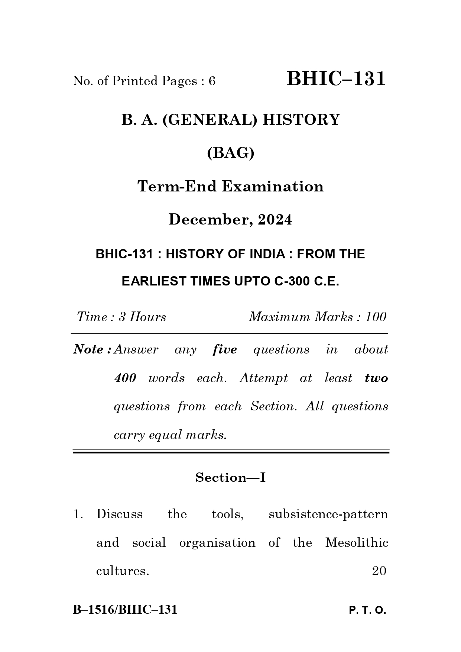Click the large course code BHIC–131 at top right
336,79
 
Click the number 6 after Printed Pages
212,81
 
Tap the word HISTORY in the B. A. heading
301,120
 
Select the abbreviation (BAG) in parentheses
230,153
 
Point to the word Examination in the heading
273,186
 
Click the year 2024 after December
275,220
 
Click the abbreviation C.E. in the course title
327,281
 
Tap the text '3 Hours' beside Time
142,317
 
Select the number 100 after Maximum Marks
376,317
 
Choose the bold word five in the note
225,349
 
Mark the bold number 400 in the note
125,378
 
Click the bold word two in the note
376,378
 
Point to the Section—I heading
230,477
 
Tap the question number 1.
78,514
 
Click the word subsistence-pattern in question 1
328,514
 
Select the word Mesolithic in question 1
357,543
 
